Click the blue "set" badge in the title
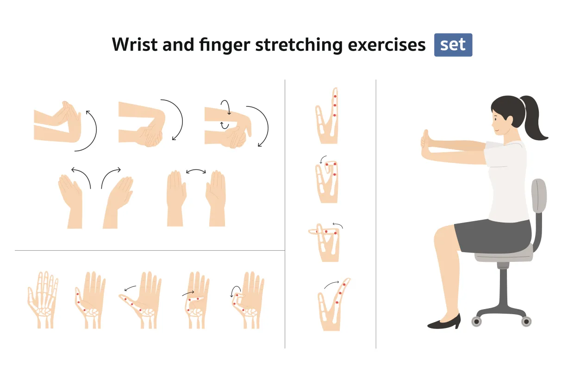[x=453, y=45]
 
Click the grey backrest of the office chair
[x=539, y=204]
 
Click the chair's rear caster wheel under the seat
[x=526, y=321]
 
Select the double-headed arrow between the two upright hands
[x=196, y=171]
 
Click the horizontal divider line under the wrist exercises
[x=148, y=251]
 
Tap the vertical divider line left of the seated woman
[x=376, y=213]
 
